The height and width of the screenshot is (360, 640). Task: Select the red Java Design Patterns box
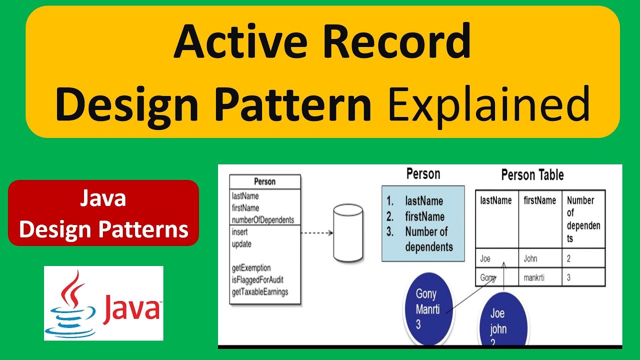[x=103, y=213]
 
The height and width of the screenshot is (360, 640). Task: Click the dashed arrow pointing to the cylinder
[x=316, y=232]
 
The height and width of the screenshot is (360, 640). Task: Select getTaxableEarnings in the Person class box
[x=260, y=292]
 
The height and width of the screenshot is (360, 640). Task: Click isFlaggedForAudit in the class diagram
[x=257, y=280]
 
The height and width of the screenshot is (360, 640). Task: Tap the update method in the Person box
[x=241, y=244]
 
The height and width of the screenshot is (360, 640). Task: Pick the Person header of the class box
[x=264, y=181]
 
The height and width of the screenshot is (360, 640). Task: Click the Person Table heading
[x=532, y=175]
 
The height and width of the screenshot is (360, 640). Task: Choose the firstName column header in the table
[x=539, y=201]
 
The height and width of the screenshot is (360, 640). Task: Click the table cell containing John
[x=530, y=259]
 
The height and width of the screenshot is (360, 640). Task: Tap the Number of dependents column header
[x=583, y=219]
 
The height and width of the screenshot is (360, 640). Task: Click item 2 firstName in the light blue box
[x=424, y=216]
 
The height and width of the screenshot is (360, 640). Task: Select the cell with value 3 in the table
[x=569, y=277]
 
